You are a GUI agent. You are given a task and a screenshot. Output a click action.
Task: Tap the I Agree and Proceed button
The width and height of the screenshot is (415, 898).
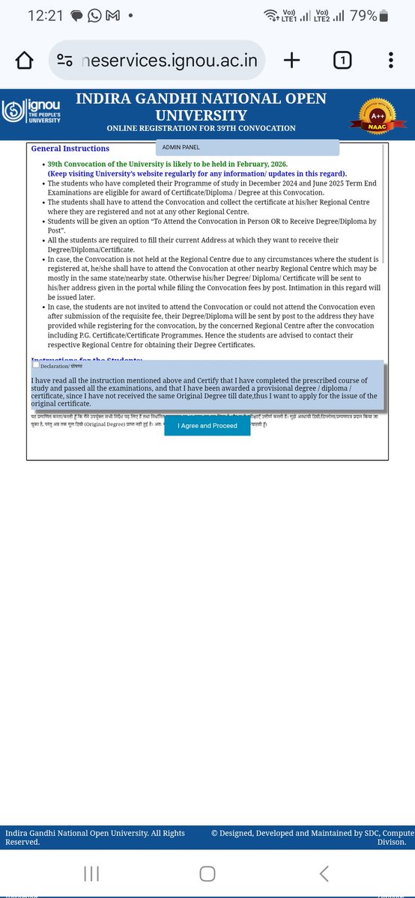click(x=207, y=426)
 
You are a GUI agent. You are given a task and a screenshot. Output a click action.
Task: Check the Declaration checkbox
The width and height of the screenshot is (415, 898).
click(x=36, y=365)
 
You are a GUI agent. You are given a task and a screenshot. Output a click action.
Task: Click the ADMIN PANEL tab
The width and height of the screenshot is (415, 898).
click(x=181, y=147)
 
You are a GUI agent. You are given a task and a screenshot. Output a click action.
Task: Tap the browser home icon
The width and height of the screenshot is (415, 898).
click(x=25, y=61)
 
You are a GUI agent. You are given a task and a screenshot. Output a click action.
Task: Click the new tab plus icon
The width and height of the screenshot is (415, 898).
click(x=291, y=61)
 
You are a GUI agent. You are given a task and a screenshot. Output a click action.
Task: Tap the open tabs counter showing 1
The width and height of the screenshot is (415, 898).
click(x=342, y=61)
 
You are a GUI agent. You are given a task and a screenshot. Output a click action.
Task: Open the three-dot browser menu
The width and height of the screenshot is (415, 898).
click(x=391, y=61)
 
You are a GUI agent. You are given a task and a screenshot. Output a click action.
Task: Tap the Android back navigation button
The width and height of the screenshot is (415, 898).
click(x=324, y=873)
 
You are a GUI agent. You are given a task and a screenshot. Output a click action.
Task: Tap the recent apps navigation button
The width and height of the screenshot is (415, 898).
click(x=91, y=873)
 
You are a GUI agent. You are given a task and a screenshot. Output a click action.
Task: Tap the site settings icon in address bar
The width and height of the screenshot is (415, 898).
click(x=65, y=61)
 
